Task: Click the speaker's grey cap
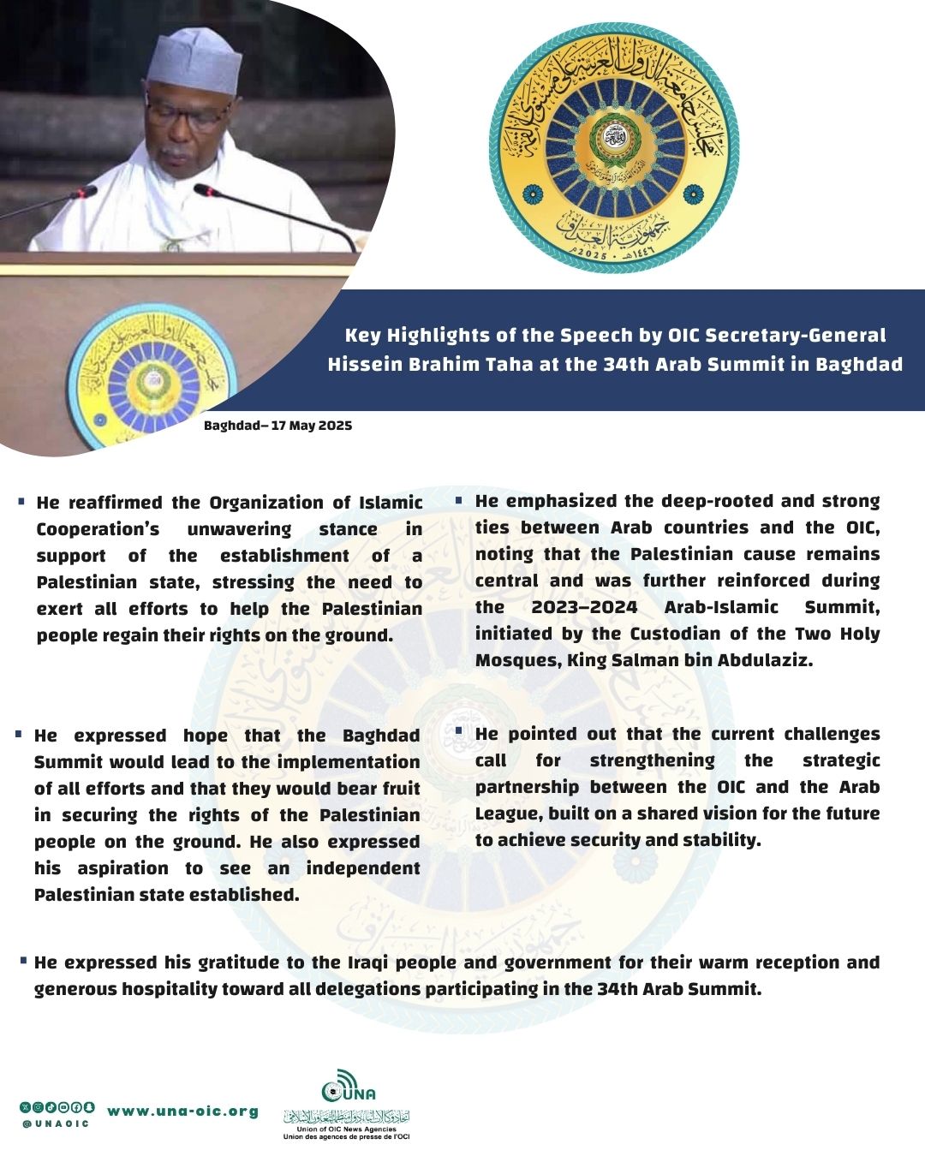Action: [194, 60]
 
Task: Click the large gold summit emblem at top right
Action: [614, 147]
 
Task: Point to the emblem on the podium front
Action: [152, 376]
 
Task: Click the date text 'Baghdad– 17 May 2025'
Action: [277, 426]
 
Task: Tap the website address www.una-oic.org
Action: [182, 1111]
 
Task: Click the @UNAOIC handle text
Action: [57, 1124]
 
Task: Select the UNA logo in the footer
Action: [348, 1086]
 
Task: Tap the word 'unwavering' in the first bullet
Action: [239, 529]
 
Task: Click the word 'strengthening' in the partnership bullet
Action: [652, 760]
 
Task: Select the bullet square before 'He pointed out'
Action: [459, 731]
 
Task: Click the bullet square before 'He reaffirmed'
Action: [21, 500]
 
